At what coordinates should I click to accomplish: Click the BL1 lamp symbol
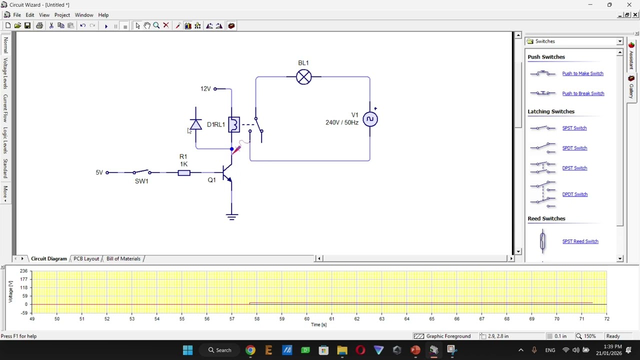303,77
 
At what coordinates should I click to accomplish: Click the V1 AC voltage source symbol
370,119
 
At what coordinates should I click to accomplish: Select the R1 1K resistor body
184,173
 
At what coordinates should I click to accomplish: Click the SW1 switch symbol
141,172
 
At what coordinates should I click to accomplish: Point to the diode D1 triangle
195,124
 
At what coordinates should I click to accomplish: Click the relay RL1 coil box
233,124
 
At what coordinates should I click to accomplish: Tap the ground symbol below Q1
231,216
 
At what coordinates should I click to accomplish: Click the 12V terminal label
205,89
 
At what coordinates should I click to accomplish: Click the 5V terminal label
99,172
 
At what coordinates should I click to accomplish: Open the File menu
17,15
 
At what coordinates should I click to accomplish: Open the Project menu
62,15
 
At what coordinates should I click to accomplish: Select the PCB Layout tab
86,258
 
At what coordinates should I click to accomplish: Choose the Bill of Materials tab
123,258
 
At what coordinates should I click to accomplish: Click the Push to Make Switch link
582,73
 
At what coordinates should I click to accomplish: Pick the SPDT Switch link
574,148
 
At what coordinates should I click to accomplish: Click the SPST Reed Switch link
580,241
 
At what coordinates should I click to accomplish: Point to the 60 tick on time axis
306,318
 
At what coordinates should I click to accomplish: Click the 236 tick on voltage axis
23,271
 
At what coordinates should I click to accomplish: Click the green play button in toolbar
106,26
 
